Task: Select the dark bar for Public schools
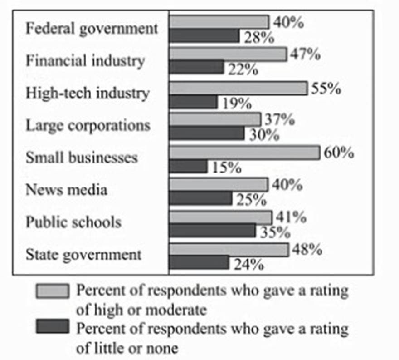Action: tap(213, 230)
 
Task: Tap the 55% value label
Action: tap(326, 89)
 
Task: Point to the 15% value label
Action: tap(224, 168)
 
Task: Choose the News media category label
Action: tap(67, 189)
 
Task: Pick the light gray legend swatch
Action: tap(53, 291)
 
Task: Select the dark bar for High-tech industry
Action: tap(194, 102)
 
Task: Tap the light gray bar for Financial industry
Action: tap(228, 54)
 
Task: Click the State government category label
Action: tap(83, 254)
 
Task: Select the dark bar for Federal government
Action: tap(204, 36)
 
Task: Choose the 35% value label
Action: tap(275, 232)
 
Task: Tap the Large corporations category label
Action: tap(88, 125)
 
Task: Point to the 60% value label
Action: tap(338, 153)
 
